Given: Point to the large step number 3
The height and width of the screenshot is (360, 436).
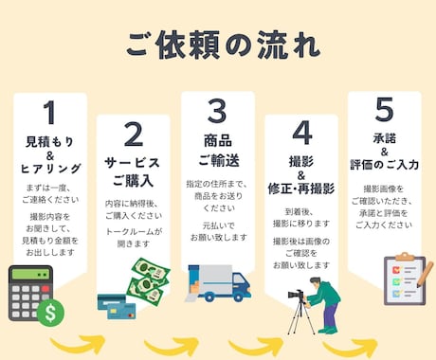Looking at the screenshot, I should tap(216, 114).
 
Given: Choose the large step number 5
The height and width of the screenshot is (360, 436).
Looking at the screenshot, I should tap(383, 113).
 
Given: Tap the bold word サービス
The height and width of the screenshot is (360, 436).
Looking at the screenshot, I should tap(134, 163).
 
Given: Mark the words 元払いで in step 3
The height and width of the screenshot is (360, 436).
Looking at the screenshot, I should tap(217, 226).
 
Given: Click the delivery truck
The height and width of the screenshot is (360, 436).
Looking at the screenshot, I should tap(219, 282).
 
